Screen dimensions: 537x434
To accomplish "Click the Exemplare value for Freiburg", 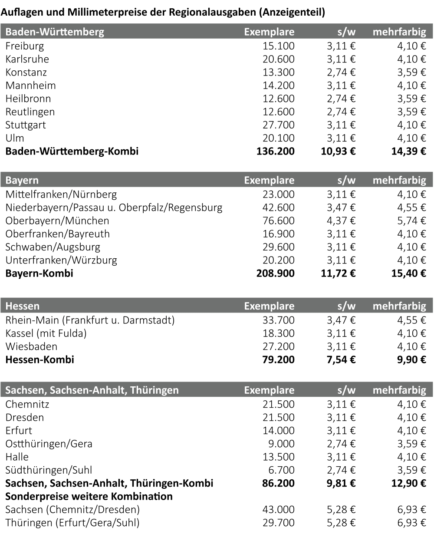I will pyautogui.click(x=278, y=46).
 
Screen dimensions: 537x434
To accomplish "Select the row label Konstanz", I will pyautogui.click(x=26, y=72).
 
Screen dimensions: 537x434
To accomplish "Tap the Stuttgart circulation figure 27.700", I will pyautogui.click(x=278, y=125).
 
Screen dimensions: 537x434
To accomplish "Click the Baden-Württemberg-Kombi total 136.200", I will pyautogui.click(x=275, y=152).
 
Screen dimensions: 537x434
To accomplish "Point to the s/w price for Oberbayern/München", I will pyautogui.click(x=341, y=221).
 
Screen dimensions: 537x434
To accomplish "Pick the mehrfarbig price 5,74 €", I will pyautogui.click(x=411, y=221).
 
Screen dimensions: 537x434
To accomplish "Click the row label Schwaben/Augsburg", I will pyautogui.click(x=53, y=247).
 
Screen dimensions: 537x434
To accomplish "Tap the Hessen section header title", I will pyautogui.click(x=22, y=306).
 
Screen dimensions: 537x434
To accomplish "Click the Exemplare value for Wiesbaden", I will pyautogui.click(x=278, y=346).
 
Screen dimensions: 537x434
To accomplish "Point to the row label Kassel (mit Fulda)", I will pyautogui.click(x=46, y=333).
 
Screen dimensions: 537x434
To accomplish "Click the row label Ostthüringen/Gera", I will pyautogui.click(x=49, y=444).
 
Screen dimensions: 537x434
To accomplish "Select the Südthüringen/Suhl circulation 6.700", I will pyautogui.click(x=282, y=470).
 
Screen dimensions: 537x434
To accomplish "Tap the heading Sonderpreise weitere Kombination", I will pyautogui.click(x=89, y=497).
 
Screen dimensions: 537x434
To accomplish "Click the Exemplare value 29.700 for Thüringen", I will pyautogui.click(x=278, y=523).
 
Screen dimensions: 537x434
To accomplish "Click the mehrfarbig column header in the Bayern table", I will pyautogui.click(x=399, y=180).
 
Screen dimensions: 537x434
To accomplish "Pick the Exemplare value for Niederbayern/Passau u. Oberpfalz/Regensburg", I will pyautogui.click(x=278, y=208).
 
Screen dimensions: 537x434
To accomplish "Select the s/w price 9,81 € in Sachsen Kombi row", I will pyautogui.click(x=341, y=483).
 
